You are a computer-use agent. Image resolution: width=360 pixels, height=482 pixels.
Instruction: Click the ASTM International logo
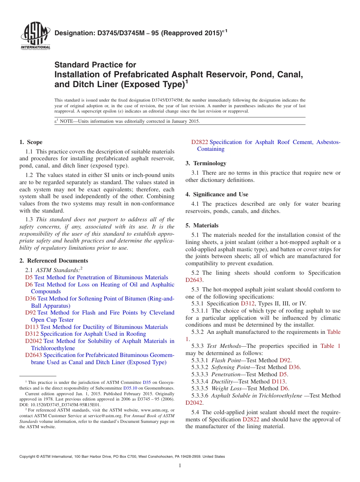(35, 36)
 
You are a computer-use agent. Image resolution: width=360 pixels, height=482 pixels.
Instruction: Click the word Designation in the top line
(74, 33)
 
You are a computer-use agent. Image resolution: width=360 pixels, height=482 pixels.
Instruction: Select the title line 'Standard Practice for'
(95, 65)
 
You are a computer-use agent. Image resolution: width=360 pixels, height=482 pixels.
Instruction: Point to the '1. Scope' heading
(31, 142)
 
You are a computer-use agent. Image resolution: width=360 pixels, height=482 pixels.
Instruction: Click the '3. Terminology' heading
(206, 163)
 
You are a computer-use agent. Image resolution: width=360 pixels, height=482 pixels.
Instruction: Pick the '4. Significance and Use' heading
(217, 194)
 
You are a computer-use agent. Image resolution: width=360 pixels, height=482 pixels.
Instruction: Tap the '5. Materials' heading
(202, 225)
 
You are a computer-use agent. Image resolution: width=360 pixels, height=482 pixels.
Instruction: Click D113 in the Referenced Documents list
(32, 327)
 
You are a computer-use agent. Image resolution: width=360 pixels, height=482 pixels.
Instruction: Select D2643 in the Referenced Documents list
(34, 355)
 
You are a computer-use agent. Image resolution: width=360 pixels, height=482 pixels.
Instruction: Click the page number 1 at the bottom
(180, 466)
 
